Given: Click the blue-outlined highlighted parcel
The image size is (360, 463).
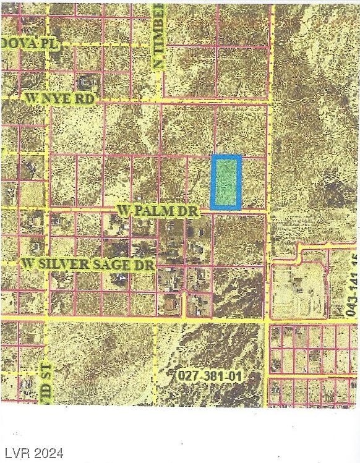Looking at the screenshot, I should pos(226,182).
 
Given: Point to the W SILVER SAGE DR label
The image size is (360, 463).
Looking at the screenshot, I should pos(87,264).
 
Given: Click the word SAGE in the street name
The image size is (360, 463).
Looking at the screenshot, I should pos(118,264).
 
